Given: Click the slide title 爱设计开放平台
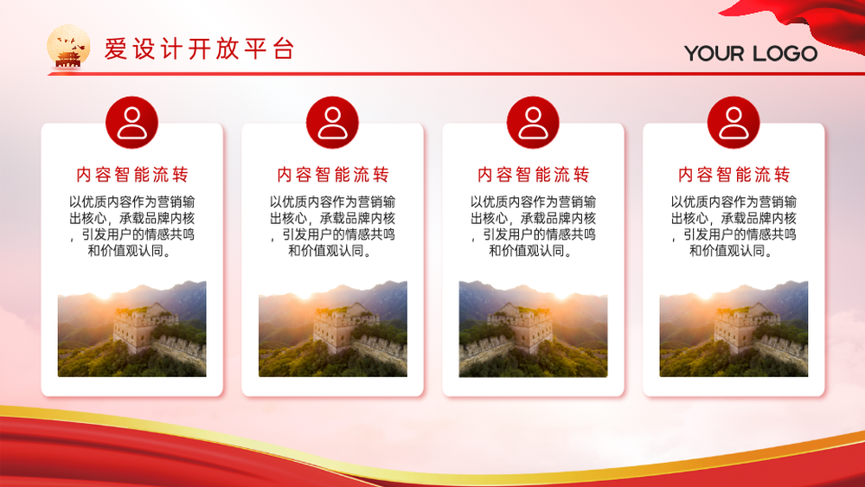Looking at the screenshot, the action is tap(199, 49).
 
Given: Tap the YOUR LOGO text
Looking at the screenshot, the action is tap(751, 54).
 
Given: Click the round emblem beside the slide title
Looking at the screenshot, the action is tap(68, 47).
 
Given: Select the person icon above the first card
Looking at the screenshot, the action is tap(131, 123).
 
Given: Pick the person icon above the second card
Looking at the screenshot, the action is tap(333, 123).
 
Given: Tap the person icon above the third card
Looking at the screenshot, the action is tap(533, 123).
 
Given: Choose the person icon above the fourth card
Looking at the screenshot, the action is tap(734, 123).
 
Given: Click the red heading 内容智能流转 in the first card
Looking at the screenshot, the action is tap(132, 175).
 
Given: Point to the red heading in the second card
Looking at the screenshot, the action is tap(333, 175).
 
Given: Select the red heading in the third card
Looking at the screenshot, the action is tap(534, 175).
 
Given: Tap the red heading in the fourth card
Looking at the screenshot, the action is tap(734, 175).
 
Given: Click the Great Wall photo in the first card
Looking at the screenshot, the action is tap(131, 329).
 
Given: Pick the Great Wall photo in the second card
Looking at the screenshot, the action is tap(333, 329).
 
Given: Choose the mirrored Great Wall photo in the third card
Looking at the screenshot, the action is tap(533, 329).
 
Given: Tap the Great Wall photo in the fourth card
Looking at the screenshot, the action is tap(734, 329).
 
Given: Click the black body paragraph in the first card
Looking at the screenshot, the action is tap(131, 226).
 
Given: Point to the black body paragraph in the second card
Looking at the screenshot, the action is tap(333, 226).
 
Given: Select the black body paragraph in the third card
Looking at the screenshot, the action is tap(533, 226).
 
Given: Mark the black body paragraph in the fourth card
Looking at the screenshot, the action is tap(734, 226).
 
